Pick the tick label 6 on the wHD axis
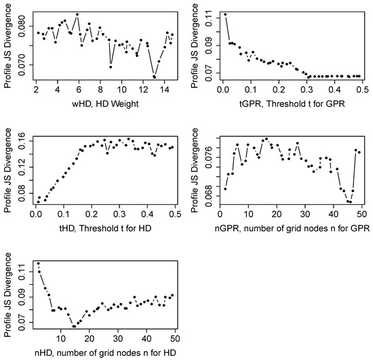[79, 89]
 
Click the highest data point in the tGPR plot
[225, 14]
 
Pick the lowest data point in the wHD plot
[155, 77]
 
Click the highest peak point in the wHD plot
[77, 14]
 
